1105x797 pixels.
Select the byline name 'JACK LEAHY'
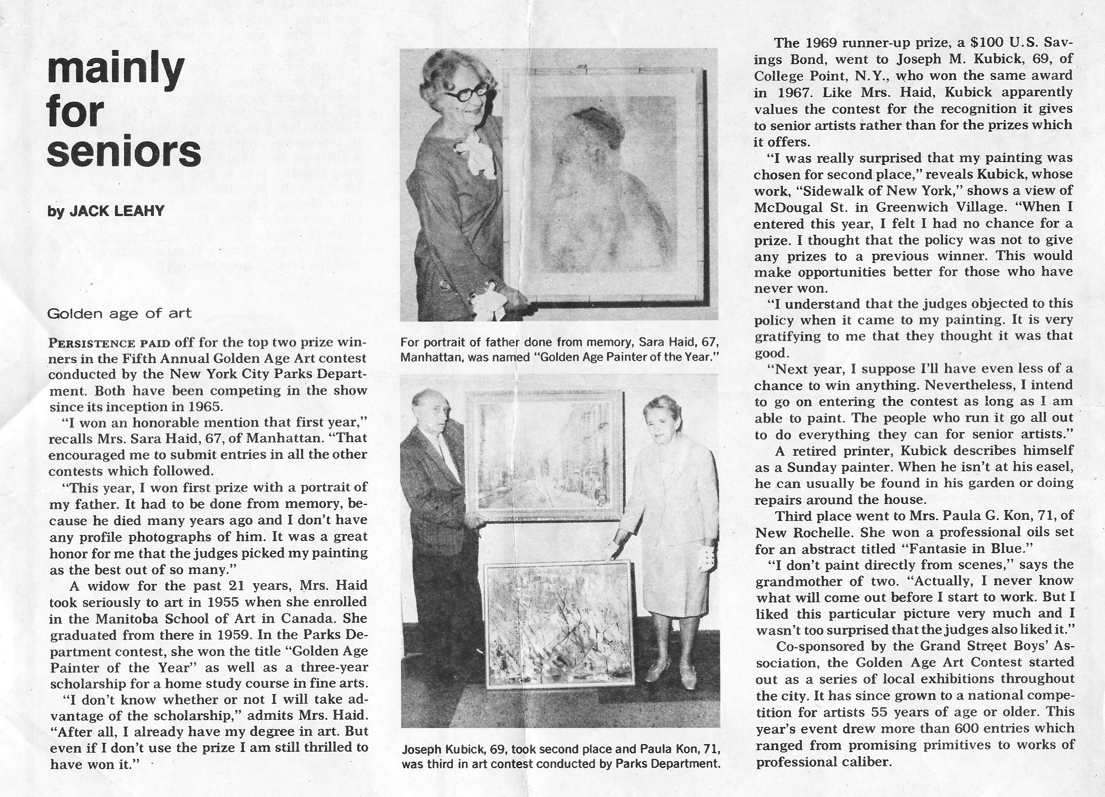117,211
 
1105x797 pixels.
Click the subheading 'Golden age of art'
119,313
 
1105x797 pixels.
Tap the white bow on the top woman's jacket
480,154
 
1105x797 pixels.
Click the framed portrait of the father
604,185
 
